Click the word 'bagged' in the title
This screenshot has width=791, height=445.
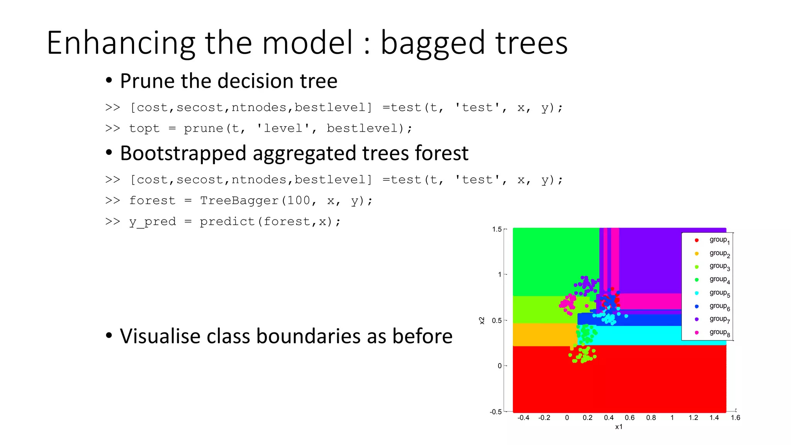point(433,43)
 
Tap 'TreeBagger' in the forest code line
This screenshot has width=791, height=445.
point(239,200)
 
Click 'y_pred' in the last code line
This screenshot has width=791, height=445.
point(152,222)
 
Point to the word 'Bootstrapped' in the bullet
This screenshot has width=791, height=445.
point(183,153)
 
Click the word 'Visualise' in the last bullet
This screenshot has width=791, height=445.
point(160,336)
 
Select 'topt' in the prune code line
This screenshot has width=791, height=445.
point(144,128)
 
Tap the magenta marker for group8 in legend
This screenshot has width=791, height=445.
point(697,333)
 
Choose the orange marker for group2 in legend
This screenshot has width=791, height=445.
point(697,254)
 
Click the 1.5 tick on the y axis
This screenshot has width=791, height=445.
point(497,229)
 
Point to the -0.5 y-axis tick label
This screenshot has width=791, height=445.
point(496,412)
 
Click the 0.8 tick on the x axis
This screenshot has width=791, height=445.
point(651,418)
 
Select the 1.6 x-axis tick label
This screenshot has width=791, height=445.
point(735,418)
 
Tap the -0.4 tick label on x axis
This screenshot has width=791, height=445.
point(523,418)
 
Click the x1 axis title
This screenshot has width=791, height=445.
point(619,427)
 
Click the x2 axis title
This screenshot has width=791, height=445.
point(482,320)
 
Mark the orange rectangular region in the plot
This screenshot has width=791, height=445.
point(543,335)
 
